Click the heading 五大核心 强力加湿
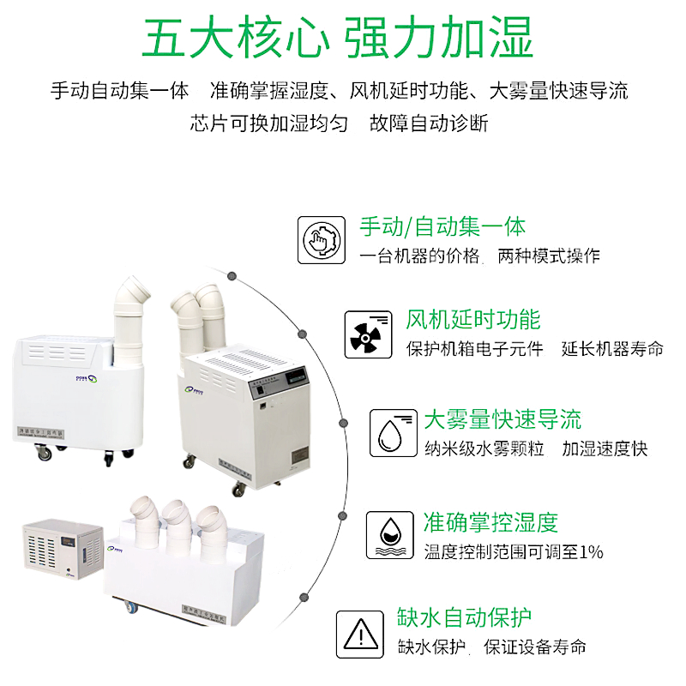tap(339, 39)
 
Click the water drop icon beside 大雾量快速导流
tap(393, 432)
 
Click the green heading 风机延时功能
tap(473, 320)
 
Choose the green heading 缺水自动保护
tap(464, 618)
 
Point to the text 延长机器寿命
tap(612, 348)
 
